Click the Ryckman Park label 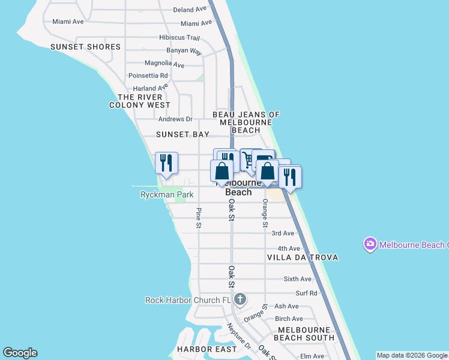(x=167, y=195)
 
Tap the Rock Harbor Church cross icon (x=240, y=299)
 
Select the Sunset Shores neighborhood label (x=85, y=47)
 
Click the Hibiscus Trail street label (x=179, y=37)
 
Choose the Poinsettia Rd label (x=148, y=76)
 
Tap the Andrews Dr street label (x=175, y=119)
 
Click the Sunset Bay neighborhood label (x=182, y=135)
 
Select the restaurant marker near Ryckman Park (x=166, y=163)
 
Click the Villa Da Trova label (x=303, y=257)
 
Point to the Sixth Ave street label (x=298, y=279)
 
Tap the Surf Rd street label (x=306, y=293)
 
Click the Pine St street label (x=199, y=218)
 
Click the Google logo (x=20, y=353)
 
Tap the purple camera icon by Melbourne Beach (x=370, y=244)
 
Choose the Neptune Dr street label (x=239, y=336)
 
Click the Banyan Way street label (x=184, y=50)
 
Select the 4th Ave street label (x=289, y=248)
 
